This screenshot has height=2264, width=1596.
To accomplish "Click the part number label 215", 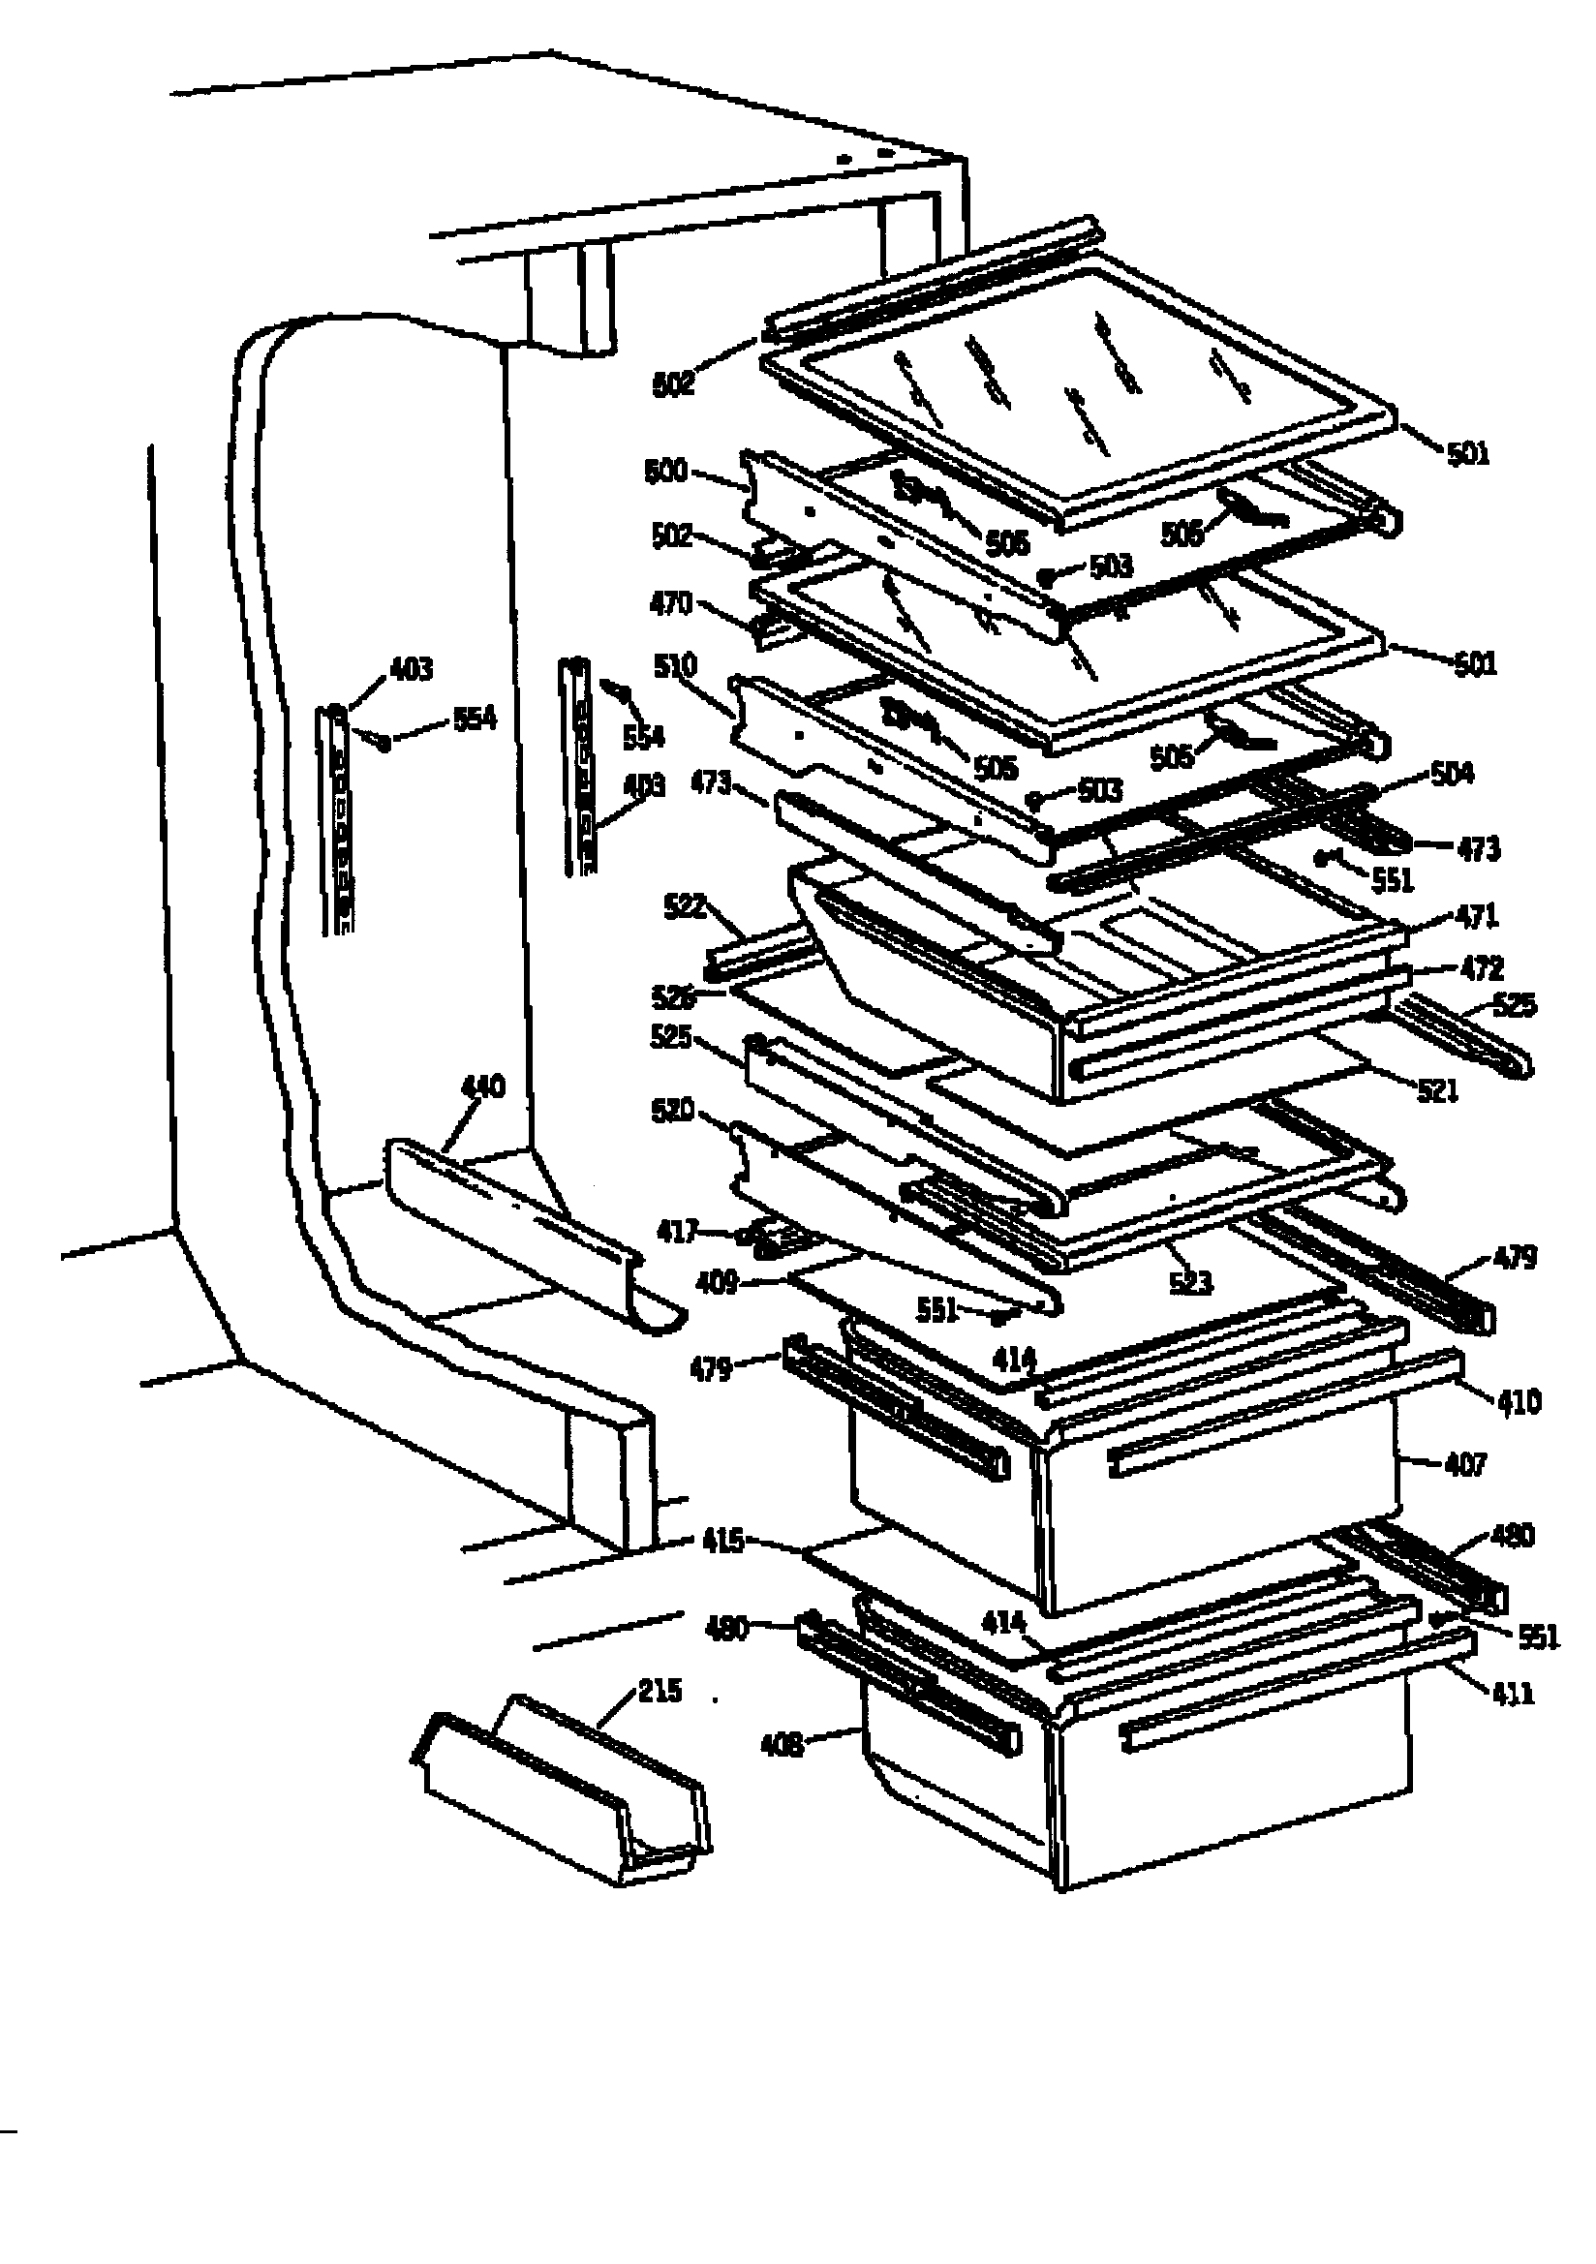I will click(659, 1690).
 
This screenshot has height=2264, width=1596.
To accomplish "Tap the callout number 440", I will click(483, 1086).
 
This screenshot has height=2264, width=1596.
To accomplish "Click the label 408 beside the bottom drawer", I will click(782, 1745).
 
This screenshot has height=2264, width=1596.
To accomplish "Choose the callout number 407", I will click(1464, 1464).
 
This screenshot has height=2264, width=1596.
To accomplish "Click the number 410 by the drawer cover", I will click(1519, 1401).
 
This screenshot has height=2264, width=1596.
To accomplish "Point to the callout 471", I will click(1477, 916).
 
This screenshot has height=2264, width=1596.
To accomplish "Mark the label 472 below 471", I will click(1481, 968).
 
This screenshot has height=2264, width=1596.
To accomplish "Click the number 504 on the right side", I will click(1451, 773).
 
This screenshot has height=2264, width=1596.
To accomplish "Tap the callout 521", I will click(1437, 1090).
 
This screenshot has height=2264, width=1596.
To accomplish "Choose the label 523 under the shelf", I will click(1189, 1282).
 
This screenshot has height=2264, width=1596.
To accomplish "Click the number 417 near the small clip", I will click(678, 1231).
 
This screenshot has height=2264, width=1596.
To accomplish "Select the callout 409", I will click(716, 1282).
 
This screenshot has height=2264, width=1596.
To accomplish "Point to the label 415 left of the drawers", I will click(723, 1540).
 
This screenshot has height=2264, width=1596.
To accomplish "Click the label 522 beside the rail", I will click(685, 906).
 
